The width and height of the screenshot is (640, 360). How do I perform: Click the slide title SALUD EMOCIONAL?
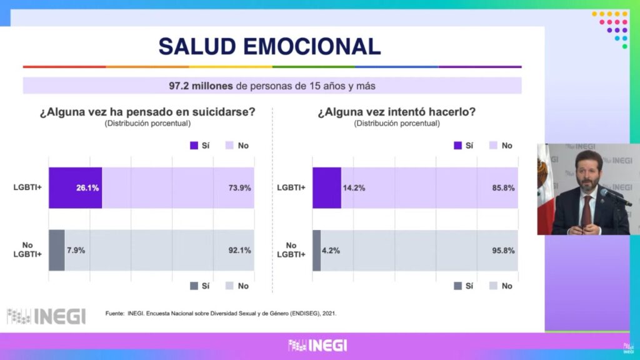pos(269,46)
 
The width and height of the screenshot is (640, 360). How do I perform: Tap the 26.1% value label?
pos(88,187)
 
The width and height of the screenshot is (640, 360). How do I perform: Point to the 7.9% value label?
pos(75,250)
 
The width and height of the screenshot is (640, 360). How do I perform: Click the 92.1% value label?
pos(239,250)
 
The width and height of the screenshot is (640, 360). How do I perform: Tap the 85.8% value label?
pos(503,187)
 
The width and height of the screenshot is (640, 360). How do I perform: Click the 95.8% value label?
pos(503,250)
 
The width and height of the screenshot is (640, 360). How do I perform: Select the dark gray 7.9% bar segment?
pos(56,250)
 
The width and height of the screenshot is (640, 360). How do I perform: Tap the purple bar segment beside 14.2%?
pos(326,187)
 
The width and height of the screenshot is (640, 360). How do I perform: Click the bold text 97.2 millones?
pos(200,86)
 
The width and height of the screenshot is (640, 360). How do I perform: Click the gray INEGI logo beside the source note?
pos(46,316)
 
